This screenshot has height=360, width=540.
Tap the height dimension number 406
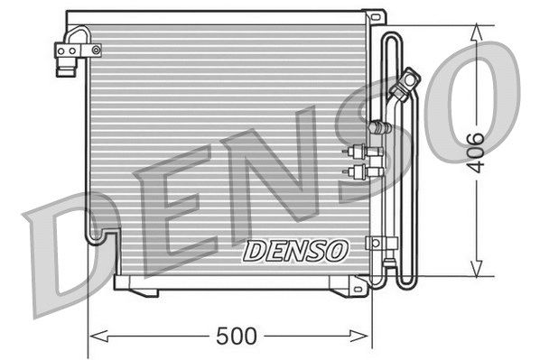tap(478, 151)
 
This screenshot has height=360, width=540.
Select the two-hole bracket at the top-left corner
tap(68, 54)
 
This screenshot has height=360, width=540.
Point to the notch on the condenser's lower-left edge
tap(100, 236)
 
